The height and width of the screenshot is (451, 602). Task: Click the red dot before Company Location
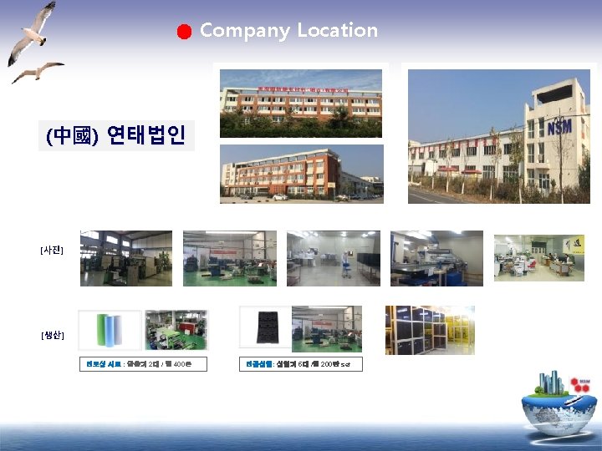[x=185, y=32]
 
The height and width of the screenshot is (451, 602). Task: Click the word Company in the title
[x=245, y=31]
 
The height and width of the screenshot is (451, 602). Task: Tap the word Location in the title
[x=338, y=31]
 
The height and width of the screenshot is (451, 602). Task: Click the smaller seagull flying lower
[x=37, y=72]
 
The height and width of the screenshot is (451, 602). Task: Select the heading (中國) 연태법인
[x=116, y=135]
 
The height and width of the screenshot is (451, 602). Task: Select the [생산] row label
[x=52, y=336]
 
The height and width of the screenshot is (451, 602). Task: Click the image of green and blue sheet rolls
[x=110, y=330]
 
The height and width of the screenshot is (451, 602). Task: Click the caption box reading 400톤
[x=144, y=364]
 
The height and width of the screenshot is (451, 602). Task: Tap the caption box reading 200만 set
[x=301, y=364]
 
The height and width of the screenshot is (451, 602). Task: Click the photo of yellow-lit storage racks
[x=430, y=330]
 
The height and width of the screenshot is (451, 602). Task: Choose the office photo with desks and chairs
[x=538, y=258]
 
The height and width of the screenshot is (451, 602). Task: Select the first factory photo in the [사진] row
[x=126, y=258]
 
